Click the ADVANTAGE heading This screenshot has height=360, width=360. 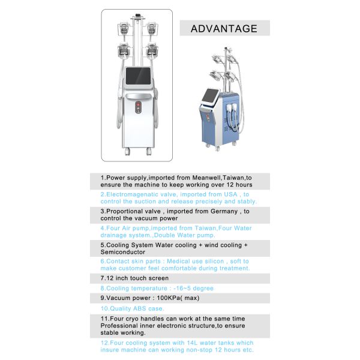(224, 28)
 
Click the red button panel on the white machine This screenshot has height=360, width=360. (139, 107)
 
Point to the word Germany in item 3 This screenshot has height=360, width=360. (218, 212)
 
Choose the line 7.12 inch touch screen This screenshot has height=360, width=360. (134, 278)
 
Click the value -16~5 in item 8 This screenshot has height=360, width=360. (178, 288)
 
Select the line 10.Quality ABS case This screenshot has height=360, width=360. (124, 308)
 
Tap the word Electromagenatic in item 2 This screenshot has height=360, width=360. (129, 195)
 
